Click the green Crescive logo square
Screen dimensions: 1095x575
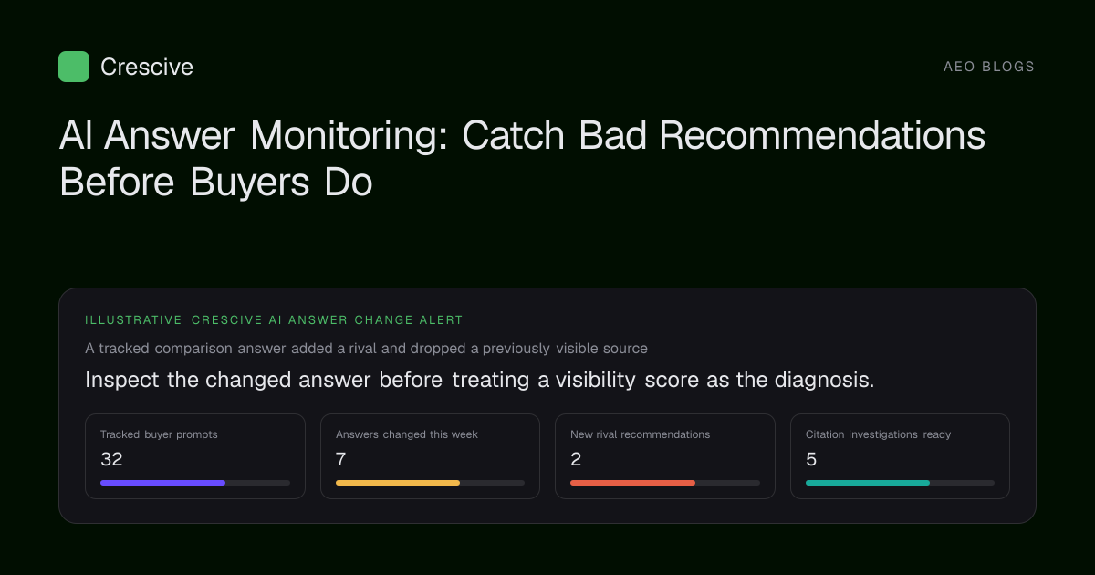[x=74, y=67]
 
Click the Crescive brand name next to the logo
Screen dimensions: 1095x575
[x=147, y=67]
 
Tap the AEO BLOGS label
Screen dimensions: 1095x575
[x=988, y=67]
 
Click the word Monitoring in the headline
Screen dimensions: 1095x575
[x=349, y=136]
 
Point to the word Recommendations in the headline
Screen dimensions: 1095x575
[x=822, y=135]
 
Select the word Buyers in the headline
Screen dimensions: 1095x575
[x=249, y=183]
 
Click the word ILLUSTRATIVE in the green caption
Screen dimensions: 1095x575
[x=133, y=320]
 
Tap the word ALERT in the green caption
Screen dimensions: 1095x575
[x=441, y=320]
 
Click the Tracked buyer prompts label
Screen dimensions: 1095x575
[x=159, y=434]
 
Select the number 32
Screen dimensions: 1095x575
[x=111, y=459]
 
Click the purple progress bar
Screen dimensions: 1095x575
[x=162, y=483]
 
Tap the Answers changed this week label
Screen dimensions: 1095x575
[x=407, y=434]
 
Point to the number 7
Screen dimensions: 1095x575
[x=340, y=459]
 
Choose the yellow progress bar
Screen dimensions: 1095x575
[x=398, y=483]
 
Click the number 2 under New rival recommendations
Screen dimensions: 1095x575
[x=576, y=459]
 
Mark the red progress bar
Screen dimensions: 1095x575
[x=632, y=483]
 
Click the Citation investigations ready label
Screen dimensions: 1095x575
[x=878, y=434]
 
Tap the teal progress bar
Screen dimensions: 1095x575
[x=868, y=483]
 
